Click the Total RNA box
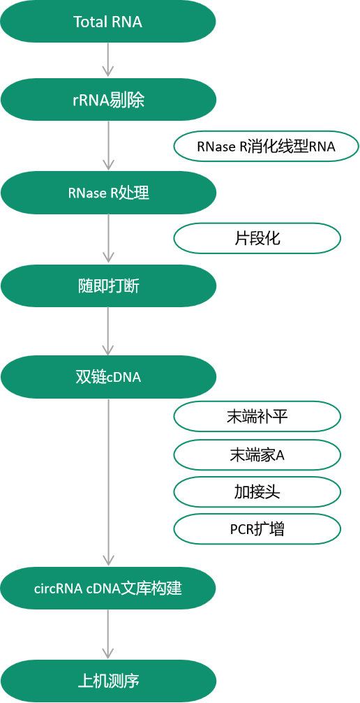(108, 22)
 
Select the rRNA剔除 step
(108, 100)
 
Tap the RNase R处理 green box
(108, 193)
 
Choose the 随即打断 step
(108, 286)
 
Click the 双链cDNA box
(108, 377)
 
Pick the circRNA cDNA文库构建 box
(108, 588)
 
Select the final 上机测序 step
(108, 680)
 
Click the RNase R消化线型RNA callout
(266, 147)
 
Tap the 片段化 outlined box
(257, 238)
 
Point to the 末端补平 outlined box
(257, 417)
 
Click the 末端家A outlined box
(257, 454)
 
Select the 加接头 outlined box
(257, 492)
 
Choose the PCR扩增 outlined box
(257, 529)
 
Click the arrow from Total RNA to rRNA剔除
(108, 60)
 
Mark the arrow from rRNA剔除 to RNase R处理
(108, 146)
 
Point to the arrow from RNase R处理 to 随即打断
(108, 238)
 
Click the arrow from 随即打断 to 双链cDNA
(108, 331)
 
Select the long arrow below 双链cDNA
(108, 482)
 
